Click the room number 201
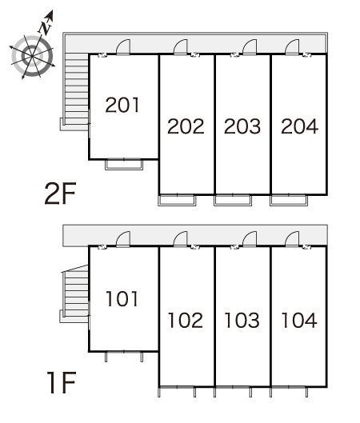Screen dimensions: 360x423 122,105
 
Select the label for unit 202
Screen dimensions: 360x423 186,126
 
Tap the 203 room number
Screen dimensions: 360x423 242,126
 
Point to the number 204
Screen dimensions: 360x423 299,126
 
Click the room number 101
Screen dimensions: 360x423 122,298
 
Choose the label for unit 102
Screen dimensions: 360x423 186,320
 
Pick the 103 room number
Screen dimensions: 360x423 242,320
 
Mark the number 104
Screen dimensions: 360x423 299,320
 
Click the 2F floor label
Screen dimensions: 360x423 61,194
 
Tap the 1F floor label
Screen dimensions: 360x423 62,382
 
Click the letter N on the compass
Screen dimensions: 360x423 45,28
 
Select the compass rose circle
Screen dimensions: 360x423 32,56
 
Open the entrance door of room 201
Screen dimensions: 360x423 123,47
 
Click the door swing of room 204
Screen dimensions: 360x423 292,47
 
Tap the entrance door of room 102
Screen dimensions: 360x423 180,239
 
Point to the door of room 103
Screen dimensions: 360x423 250,239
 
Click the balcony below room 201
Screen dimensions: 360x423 124,165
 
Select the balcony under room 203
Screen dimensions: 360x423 233,200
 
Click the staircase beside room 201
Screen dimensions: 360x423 77,89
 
